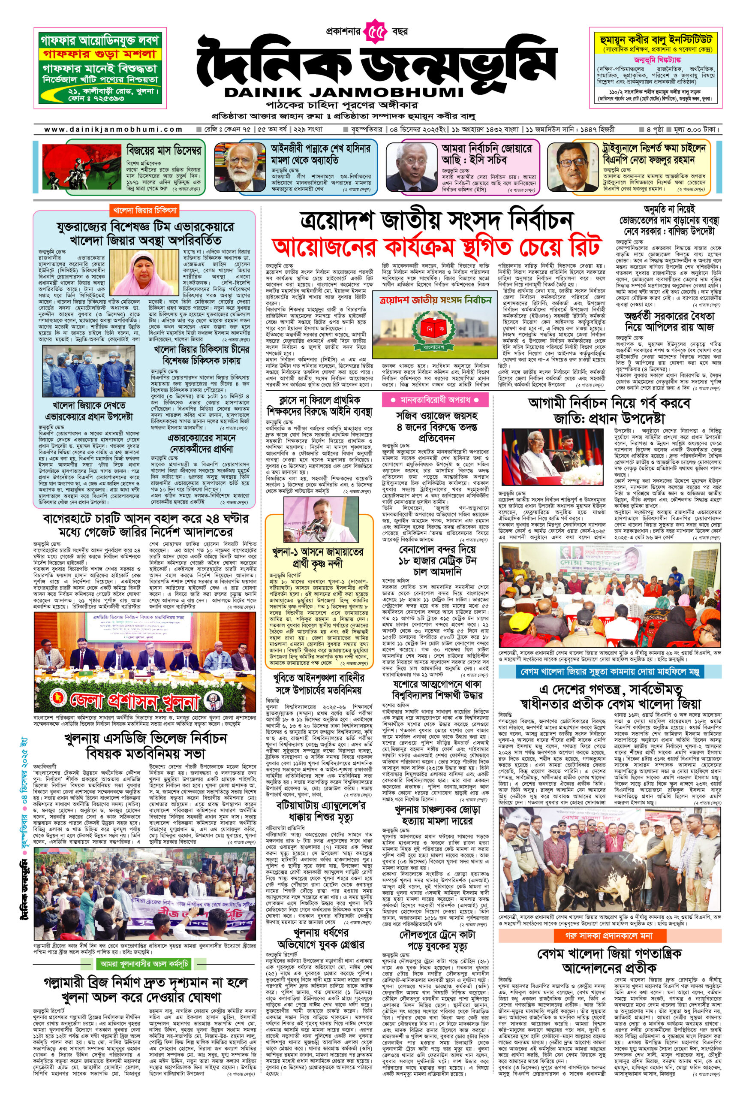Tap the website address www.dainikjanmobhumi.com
(x=113, y=129)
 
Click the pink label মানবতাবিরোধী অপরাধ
(x=435, y=400)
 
